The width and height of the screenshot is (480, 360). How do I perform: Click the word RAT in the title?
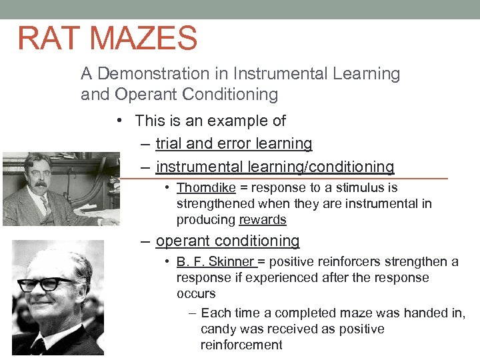click(49, 38)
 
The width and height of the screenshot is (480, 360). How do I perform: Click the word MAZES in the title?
click(143, 38)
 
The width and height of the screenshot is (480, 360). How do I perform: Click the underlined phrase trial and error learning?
click(233, 144)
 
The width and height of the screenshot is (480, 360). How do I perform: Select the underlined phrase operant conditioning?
click(227, 241)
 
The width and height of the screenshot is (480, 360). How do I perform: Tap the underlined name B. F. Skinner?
click(215, 262)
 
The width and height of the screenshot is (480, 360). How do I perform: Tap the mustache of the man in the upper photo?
click(36, 183)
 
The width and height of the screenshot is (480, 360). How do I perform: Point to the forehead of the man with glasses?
click(57, 260)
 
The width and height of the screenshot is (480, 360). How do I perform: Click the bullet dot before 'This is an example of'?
click(118, 121)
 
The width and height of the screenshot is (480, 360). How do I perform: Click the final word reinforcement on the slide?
click(241, 345)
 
